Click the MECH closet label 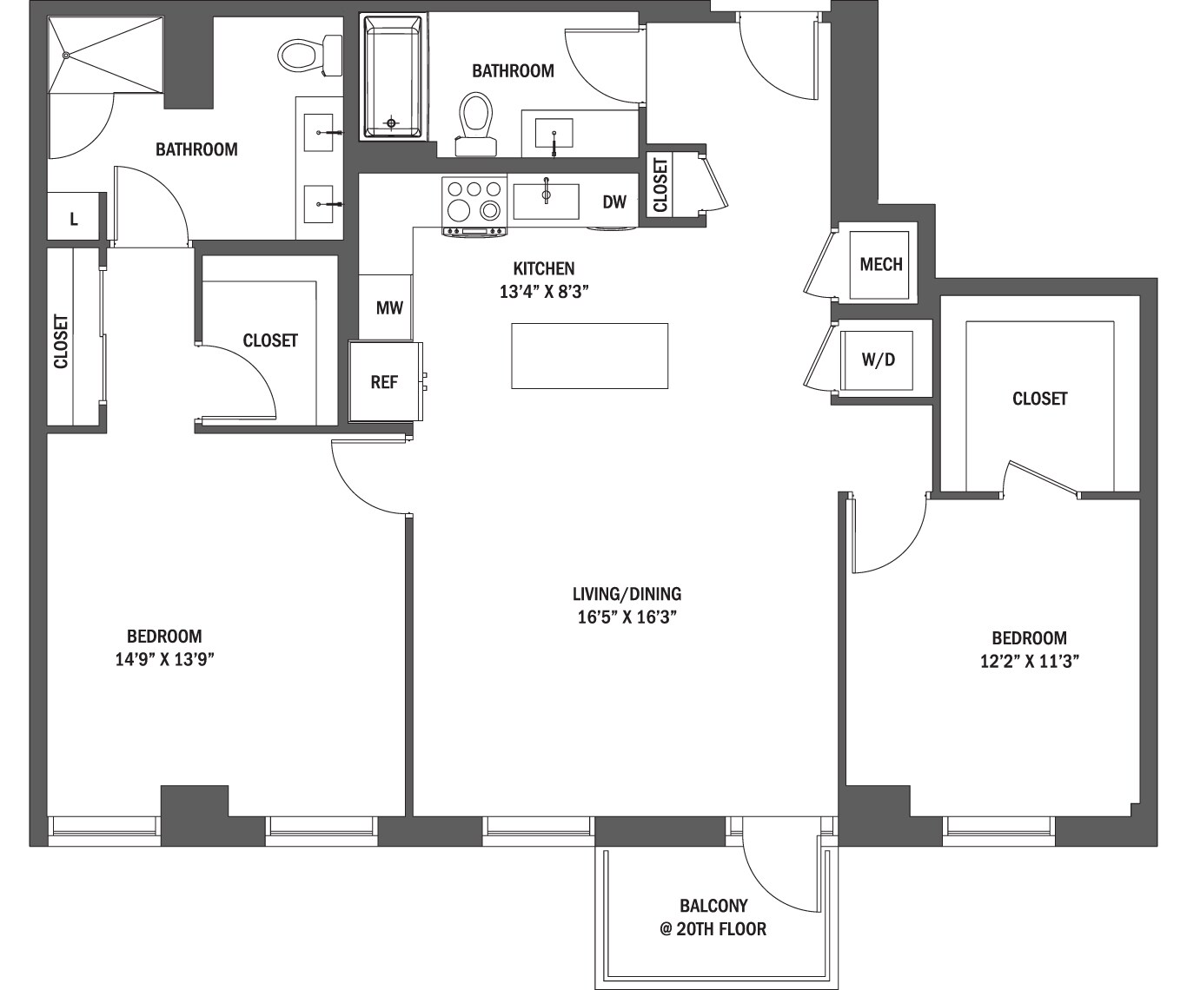point(880,264)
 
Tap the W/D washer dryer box point(878,360)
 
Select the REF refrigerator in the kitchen point(384,381)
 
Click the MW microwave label point(388,307)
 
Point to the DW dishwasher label point(614,202)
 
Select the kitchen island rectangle point(589,355)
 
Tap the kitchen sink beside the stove point(546,201)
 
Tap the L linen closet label point(74,220)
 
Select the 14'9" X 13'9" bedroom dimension point(164,659)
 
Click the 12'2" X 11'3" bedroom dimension point(1029,661)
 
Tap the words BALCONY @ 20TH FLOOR point(713,918)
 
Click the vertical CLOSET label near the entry point(660,185)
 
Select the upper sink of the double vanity point(319,133)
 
